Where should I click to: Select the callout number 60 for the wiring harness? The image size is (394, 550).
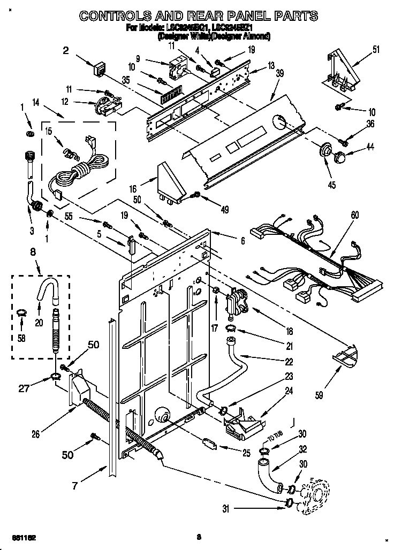point(355,215)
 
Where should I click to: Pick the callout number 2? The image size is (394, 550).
point(66,51)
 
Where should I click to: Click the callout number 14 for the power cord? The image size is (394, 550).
point(36,102)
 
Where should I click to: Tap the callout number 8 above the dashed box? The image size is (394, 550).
point(33,251)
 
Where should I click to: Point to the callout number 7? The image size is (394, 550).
point(75,486)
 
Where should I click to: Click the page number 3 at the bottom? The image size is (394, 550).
point(198,537)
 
